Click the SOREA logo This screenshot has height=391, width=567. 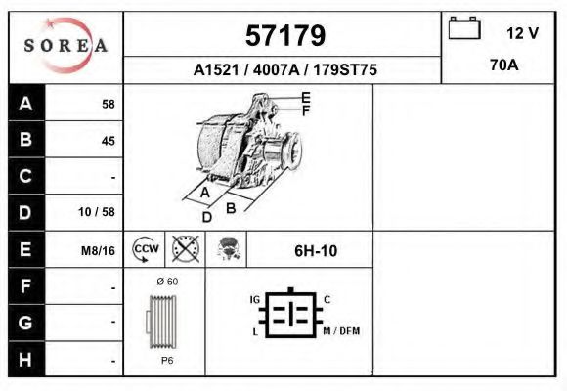65,45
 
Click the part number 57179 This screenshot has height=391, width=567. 285,36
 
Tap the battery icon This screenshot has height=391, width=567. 464,27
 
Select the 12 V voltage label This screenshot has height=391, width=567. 522,33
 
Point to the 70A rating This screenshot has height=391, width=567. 504,65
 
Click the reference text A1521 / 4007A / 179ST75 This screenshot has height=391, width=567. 285,69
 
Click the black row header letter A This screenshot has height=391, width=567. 25,104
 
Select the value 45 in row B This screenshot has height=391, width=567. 109,141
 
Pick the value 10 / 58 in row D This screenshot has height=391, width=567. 97,212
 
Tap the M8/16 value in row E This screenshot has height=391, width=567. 98,251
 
